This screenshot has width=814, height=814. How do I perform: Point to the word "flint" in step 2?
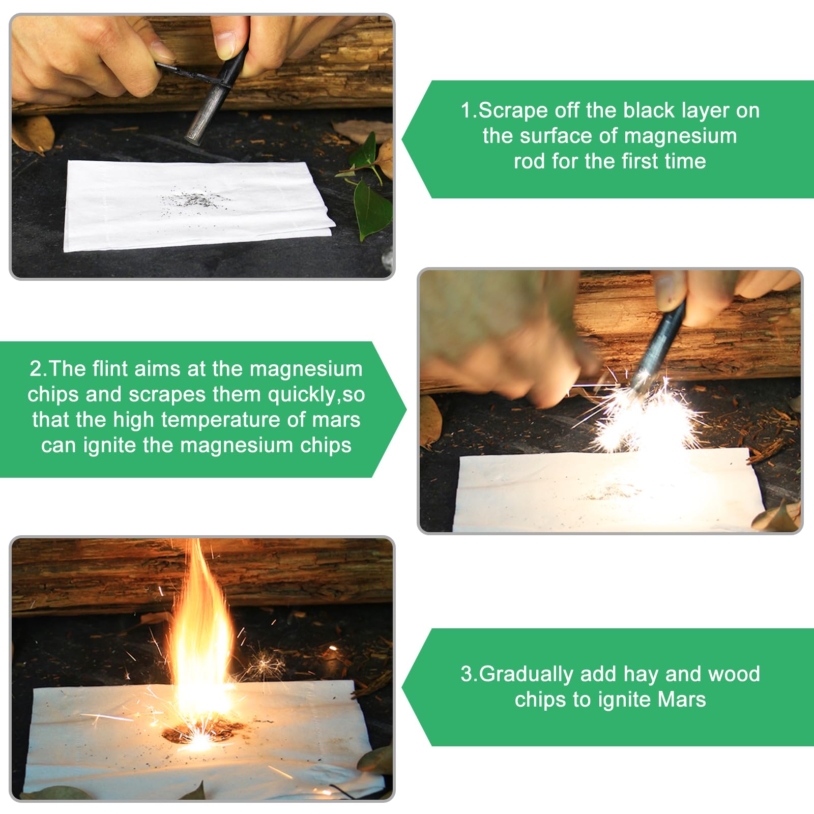[x=110, y=368]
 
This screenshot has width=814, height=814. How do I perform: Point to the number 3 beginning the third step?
[x=467, y=674]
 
